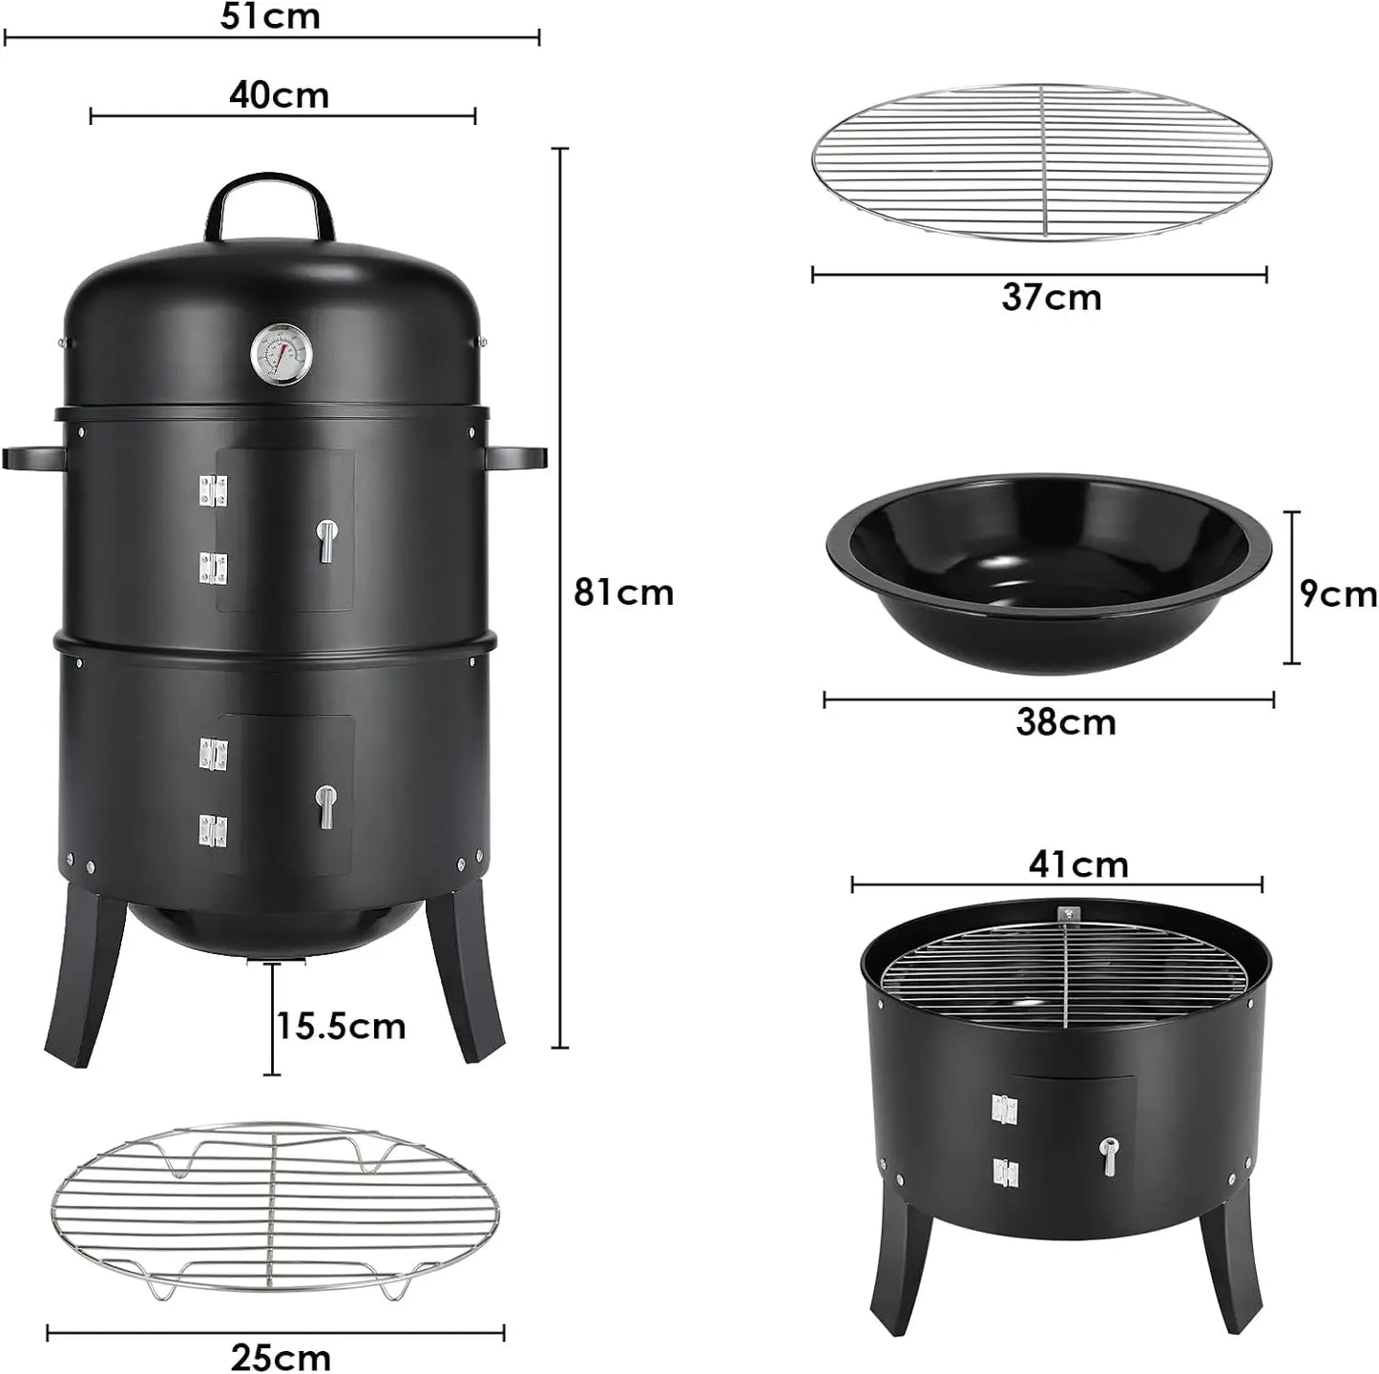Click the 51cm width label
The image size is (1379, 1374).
pos(270,16)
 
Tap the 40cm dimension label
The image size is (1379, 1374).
pos(279,95)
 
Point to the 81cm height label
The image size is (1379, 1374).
pos(623,593)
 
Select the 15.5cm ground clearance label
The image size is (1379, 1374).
pos(342,1027)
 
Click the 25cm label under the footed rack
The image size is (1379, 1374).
pos(281,1357)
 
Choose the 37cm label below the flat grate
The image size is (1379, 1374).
pos(1051,298)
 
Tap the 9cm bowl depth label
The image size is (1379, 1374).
pos(1338,593)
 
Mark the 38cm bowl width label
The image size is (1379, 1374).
pos(1065,722)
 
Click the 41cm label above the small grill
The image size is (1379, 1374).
pos(1078,864)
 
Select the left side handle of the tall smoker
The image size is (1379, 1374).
pos(34,458)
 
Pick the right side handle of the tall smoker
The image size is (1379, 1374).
pos(516,458)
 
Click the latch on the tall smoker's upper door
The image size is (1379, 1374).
pos(326,540)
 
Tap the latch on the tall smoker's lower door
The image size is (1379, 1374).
pos(326,806)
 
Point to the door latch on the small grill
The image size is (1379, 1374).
pos(1108,1156)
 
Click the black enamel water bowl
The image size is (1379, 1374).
pos(1048,572)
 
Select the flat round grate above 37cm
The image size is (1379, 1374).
pos(1040,161)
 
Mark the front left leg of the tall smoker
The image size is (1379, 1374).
pos(84,978)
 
